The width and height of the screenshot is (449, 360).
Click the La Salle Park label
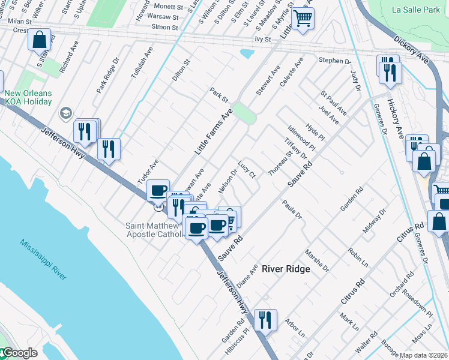coord(416,10)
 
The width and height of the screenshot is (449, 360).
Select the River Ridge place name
coord(286,269)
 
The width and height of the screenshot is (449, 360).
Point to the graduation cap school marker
coord(65,113)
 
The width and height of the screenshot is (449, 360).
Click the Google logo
coord(19,353)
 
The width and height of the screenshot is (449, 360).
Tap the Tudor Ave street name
coord(148,171)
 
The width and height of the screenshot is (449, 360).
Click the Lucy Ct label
coord(246,169)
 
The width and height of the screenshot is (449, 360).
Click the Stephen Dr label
coord(334,61)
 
